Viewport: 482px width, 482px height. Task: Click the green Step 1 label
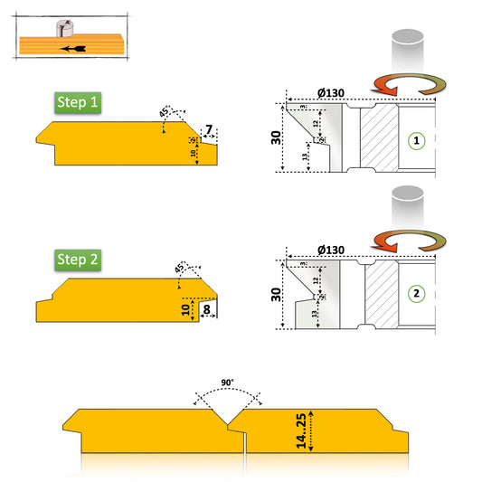[x=77, y=102]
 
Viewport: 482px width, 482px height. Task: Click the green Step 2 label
[x=77, y=260]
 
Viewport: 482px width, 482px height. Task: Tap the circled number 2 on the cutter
[x=415, y=293]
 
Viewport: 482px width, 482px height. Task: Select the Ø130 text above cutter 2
[x=332, y=250]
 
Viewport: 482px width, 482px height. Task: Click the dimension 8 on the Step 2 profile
[x=207, y=309]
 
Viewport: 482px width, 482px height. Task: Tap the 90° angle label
[x=228, y=383]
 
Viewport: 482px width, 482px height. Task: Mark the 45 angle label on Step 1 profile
[x=164, y=112]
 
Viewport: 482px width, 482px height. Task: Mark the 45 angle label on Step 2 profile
[x=179, y=268]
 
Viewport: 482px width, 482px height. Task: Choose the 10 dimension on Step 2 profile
[x=185, y=309]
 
